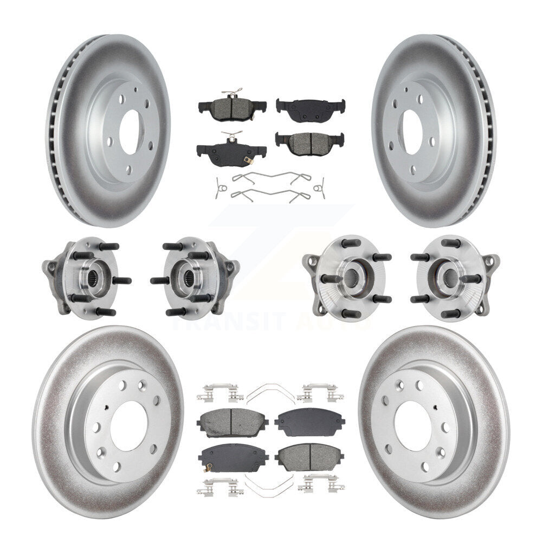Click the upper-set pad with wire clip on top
[x=232, y=106]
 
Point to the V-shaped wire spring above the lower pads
[x=270, y=392]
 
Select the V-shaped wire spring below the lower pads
[x=270, y=481]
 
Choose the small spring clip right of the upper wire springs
[x=320, y=188]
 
